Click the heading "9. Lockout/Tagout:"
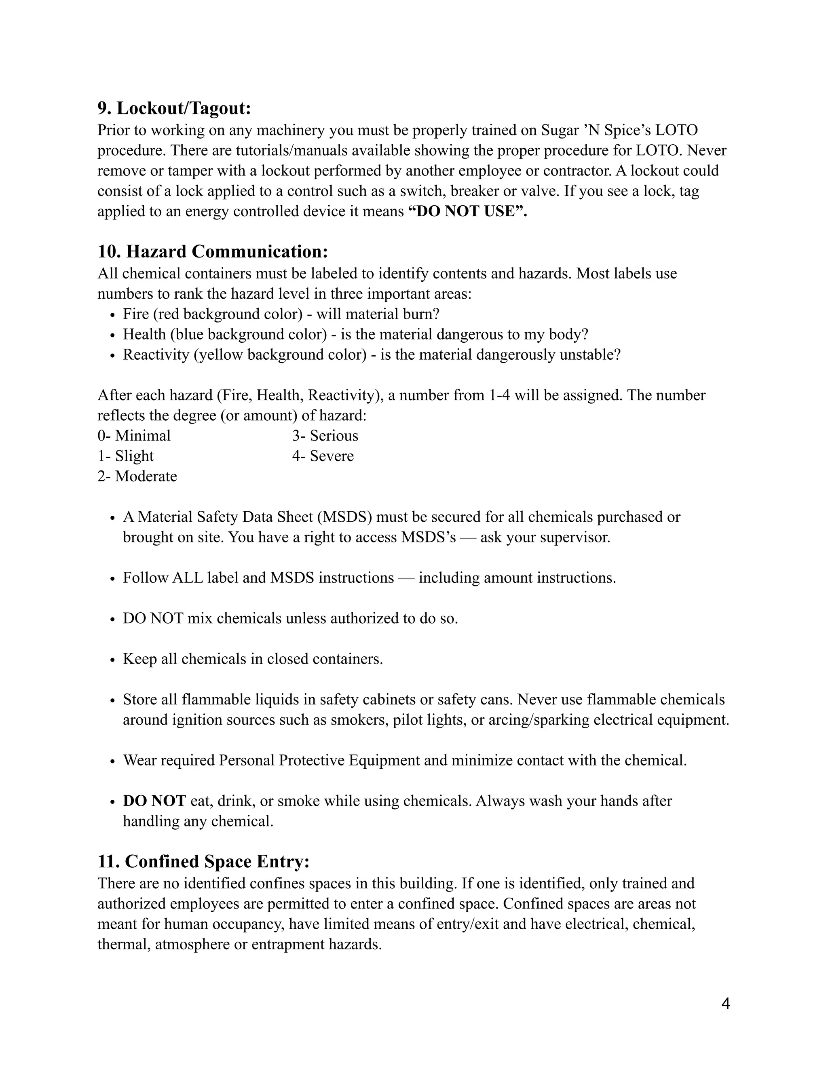point(174,108)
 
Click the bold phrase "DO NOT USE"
point(466,211)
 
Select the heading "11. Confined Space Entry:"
point(204,861)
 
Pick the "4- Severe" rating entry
point(323,456)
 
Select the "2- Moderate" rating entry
point(137,476)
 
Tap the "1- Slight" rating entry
point(126,456)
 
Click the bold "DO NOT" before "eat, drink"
point(154,801)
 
